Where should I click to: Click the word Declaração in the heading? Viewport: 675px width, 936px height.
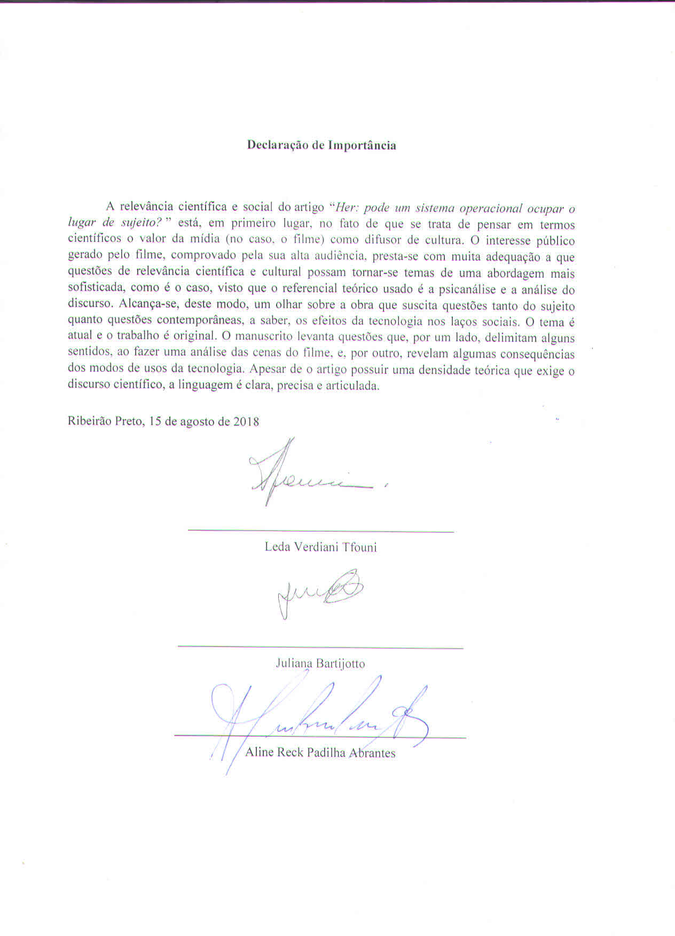click(273, 145)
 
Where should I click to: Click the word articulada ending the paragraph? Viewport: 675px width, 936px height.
click(354, 386)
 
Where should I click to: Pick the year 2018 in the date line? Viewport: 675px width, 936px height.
click(246, 422)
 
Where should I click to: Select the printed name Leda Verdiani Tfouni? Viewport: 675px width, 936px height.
click(320, 547)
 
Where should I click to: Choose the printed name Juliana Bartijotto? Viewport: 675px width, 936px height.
click(320, 664)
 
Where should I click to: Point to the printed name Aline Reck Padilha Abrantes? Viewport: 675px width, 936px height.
click(320, 753)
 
